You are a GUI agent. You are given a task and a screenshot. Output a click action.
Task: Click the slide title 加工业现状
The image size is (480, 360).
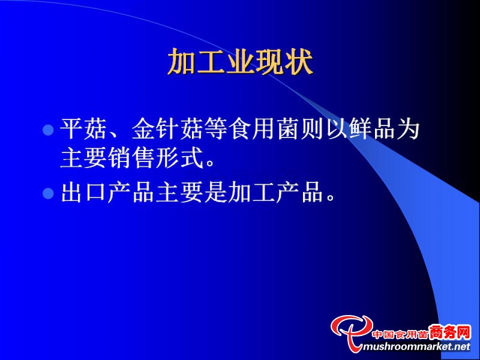click(241, 62)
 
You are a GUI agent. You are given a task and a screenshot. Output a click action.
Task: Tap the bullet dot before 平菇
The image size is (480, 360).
click(48, 130)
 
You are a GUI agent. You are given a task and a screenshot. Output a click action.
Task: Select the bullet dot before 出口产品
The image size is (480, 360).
click(48, 193)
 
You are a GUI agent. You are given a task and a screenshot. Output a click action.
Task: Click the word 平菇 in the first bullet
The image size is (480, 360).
click(83, 129)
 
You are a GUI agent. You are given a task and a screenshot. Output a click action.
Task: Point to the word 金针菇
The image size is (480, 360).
click(167, 129)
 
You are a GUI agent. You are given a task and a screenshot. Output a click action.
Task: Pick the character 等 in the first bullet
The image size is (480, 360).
click(215, 129)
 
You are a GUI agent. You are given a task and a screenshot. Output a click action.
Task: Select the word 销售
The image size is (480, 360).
click(132, 157)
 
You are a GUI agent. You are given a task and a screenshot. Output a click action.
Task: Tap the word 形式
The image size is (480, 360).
click(179, 157)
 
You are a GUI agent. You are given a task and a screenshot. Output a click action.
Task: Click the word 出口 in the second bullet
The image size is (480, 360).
click(83, 192)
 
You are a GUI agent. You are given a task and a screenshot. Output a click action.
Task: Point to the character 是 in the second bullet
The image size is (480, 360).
click(215, 192)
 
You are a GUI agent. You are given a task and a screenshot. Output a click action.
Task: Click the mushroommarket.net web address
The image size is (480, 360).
click(416, 347)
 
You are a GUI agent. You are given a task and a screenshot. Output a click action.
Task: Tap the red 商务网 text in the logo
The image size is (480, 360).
click(449, 332)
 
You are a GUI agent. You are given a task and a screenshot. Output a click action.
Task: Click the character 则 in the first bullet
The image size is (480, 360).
click(311, 129)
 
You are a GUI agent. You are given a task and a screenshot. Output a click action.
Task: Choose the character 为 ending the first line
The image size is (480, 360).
click(408, 129)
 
